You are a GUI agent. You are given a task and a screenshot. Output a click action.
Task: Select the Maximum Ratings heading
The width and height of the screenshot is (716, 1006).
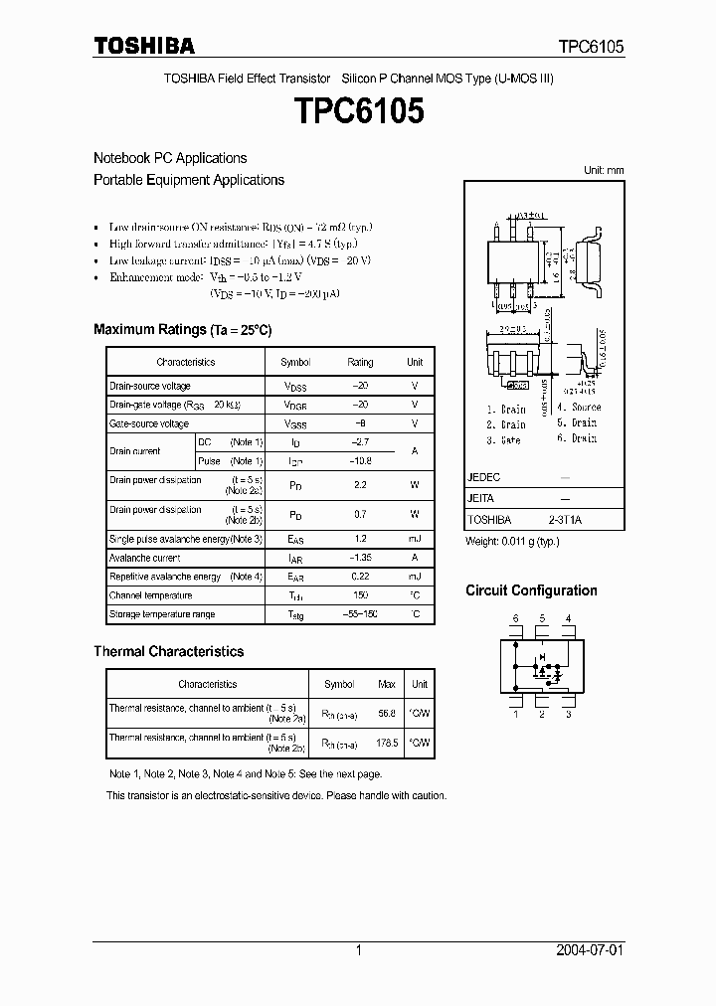click(x=182, y=329)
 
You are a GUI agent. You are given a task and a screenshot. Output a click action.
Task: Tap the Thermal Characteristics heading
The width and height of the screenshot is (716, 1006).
click(x=168, y=651)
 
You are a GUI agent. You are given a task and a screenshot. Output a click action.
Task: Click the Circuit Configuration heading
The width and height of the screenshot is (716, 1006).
click(x=531, y=590)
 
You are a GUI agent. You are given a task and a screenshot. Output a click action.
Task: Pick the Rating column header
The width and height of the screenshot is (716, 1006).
click(x=360, y=363)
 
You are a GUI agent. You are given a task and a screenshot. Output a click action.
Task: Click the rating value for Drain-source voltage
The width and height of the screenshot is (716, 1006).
click(x=360, y=386)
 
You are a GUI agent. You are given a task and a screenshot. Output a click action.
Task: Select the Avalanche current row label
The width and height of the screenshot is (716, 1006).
click(x=144, y=558)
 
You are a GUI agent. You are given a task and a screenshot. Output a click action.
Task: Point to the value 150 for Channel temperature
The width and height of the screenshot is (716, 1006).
click(x=360, y=595)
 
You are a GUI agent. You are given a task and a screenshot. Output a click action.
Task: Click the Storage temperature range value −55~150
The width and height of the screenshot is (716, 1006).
click(x=360, y=614)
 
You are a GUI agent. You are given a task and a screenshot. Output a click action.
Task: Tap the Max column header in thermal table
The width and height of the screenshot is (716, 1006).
click(x=387, y=684)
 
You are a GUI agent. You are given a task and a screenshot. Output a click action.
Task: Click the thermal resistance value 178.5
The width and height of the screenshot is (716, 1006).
click(x=387, y=743)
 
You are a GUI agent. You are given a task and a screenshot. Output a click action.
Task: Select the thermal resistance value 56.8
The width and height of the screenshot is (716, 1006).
click(x=387, y=713)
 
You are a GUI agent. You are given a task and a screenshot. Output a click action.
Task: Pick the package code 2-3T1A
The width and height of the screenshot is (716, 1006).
click(x=565, y=520)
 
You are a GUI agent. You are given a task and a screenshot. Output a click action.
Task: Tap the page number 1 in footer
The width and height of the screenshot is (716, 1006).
click(x=358, y=950)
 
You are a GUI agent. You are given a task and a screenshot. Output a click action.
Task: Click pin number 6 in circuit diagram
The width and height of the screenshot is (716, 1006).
click(x=515, y=619)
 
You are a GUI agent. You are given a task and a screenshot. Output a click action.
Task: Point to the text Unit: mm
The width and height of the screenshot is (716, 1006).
click(x=604, y=171)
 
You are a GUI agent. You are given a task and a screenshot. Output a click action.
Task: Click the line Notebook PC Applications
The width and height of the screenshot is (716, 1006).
click(x=170, y=158)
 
